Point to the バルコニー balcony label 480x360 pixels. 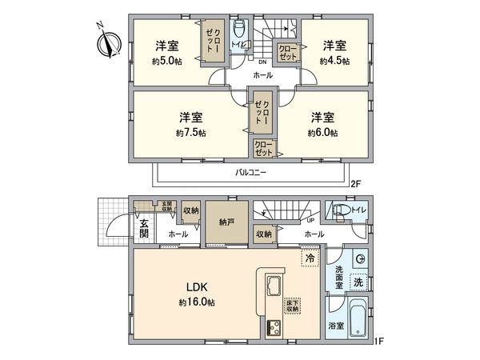click(250, 172)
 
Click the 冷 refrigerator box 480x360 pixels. click(310, 258)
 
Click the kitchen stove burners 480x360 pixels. click(272, 327)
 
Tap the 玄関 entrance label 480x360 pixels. click(143, 228)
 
